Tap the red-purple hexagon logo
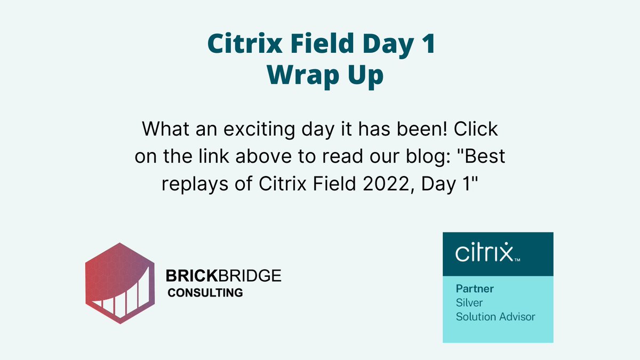click(x=120, y=283)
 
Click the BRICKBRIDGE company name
click(x=223, y=276)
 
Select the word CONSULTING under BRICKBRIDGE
click(x=205, y=293)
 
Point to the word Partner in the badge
click(x=475, y=289)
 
